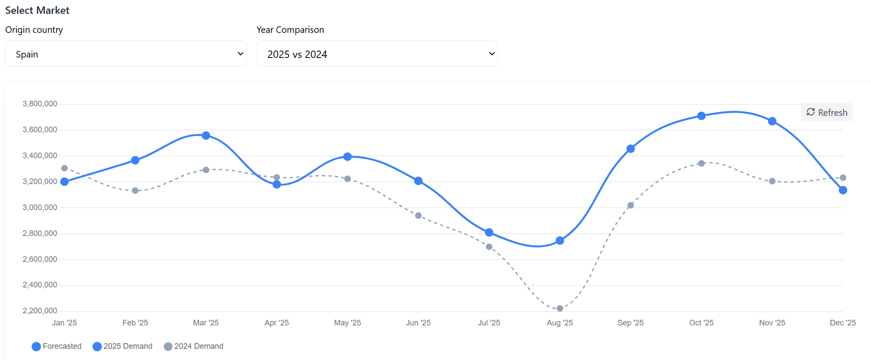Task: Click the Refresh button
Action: [826, 112]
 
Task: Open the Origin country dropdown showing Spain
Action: [125, 54]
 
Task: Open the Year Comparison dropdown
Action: [377, 54]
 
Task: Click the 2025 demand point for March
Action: [206, 136]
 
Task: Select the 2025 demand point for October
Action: [701, 116]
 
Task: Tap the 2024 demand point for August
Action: [560, 309]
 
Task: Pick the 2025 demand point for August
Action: [560, 241]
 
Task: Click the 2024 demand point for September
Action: [631, 205]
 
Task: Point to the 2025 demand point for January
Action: [64, 182]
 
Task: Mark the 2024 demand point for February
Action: [135, 191]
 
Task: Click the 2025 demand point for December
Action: [843, 190]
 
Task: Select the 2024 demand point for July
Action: [489, 247]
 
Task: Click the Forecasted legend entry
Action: [57, 346]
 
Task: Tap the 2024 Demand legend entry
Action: [194, 346]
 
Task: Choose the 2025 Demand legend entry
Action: [123, 346]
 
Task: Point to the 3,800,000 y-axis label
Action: [40, 104]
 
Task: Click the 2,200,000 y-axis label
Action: [40, 311]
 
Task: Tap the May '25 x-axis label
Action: [347, 323]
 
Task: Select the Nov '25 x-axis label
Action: [772, 323]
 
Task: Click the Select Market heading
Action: [37, 10]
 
